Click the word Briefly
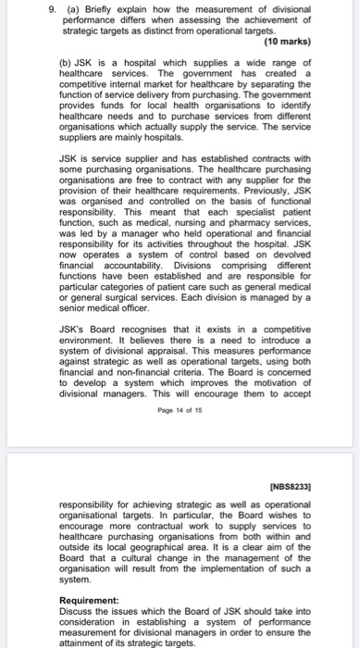click(x=87, y=12)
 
